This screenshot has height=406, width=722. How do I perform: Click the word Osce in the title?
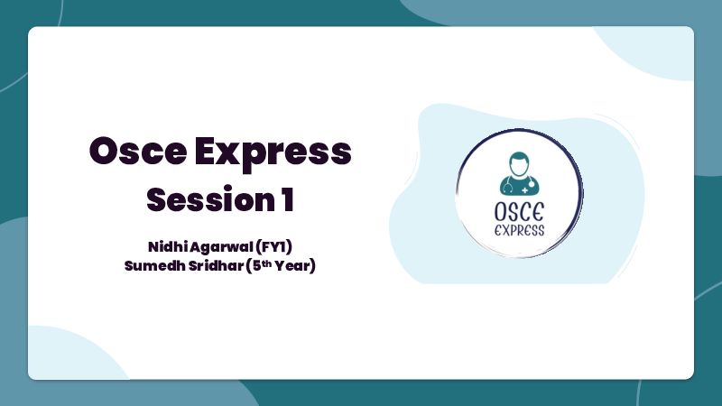138,151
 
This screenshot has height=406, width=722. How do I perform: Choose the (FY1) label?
274,247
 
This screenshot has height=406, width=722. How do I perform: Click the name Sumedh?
155,265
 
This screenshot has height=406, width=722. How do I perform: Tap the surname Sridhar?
216,265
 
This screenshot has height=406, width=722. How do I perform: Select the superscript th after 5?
266,263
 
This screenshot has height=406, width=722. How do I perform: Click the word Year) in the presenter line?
295,266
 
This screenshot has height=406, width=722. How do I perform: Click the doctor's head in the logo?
519,163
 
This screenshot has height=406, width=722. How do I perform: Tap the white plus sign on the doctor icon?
525,189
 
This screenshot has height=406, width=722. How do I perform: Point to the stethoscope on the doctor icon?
509,185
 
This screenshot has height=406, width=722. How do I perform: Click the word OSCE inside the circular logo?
519,212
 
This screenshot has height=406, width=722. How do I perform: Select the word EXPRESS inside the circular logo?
520,230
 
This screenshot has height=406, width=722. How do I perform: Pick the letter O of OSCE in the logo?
501,212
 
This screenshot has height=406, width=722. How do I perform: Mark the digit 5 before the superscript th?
257,265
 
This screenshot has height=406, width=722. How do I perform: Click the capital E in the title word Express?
206,151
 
